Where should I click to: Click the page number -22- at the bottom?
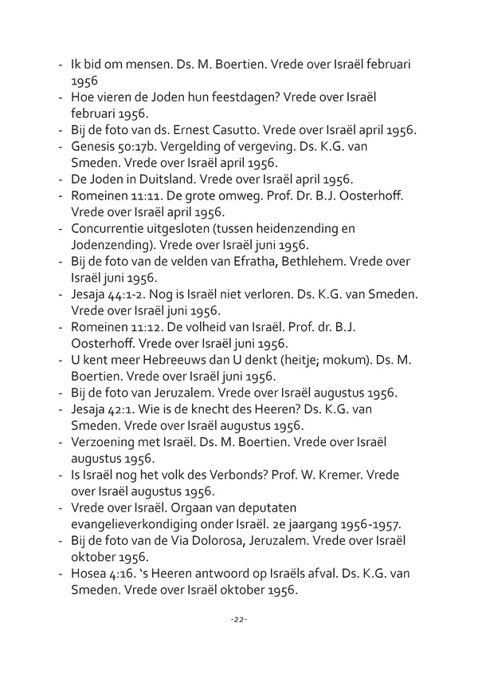238,619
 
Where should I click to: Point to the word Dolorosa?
220,539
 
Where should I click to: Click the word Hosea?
89,572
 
